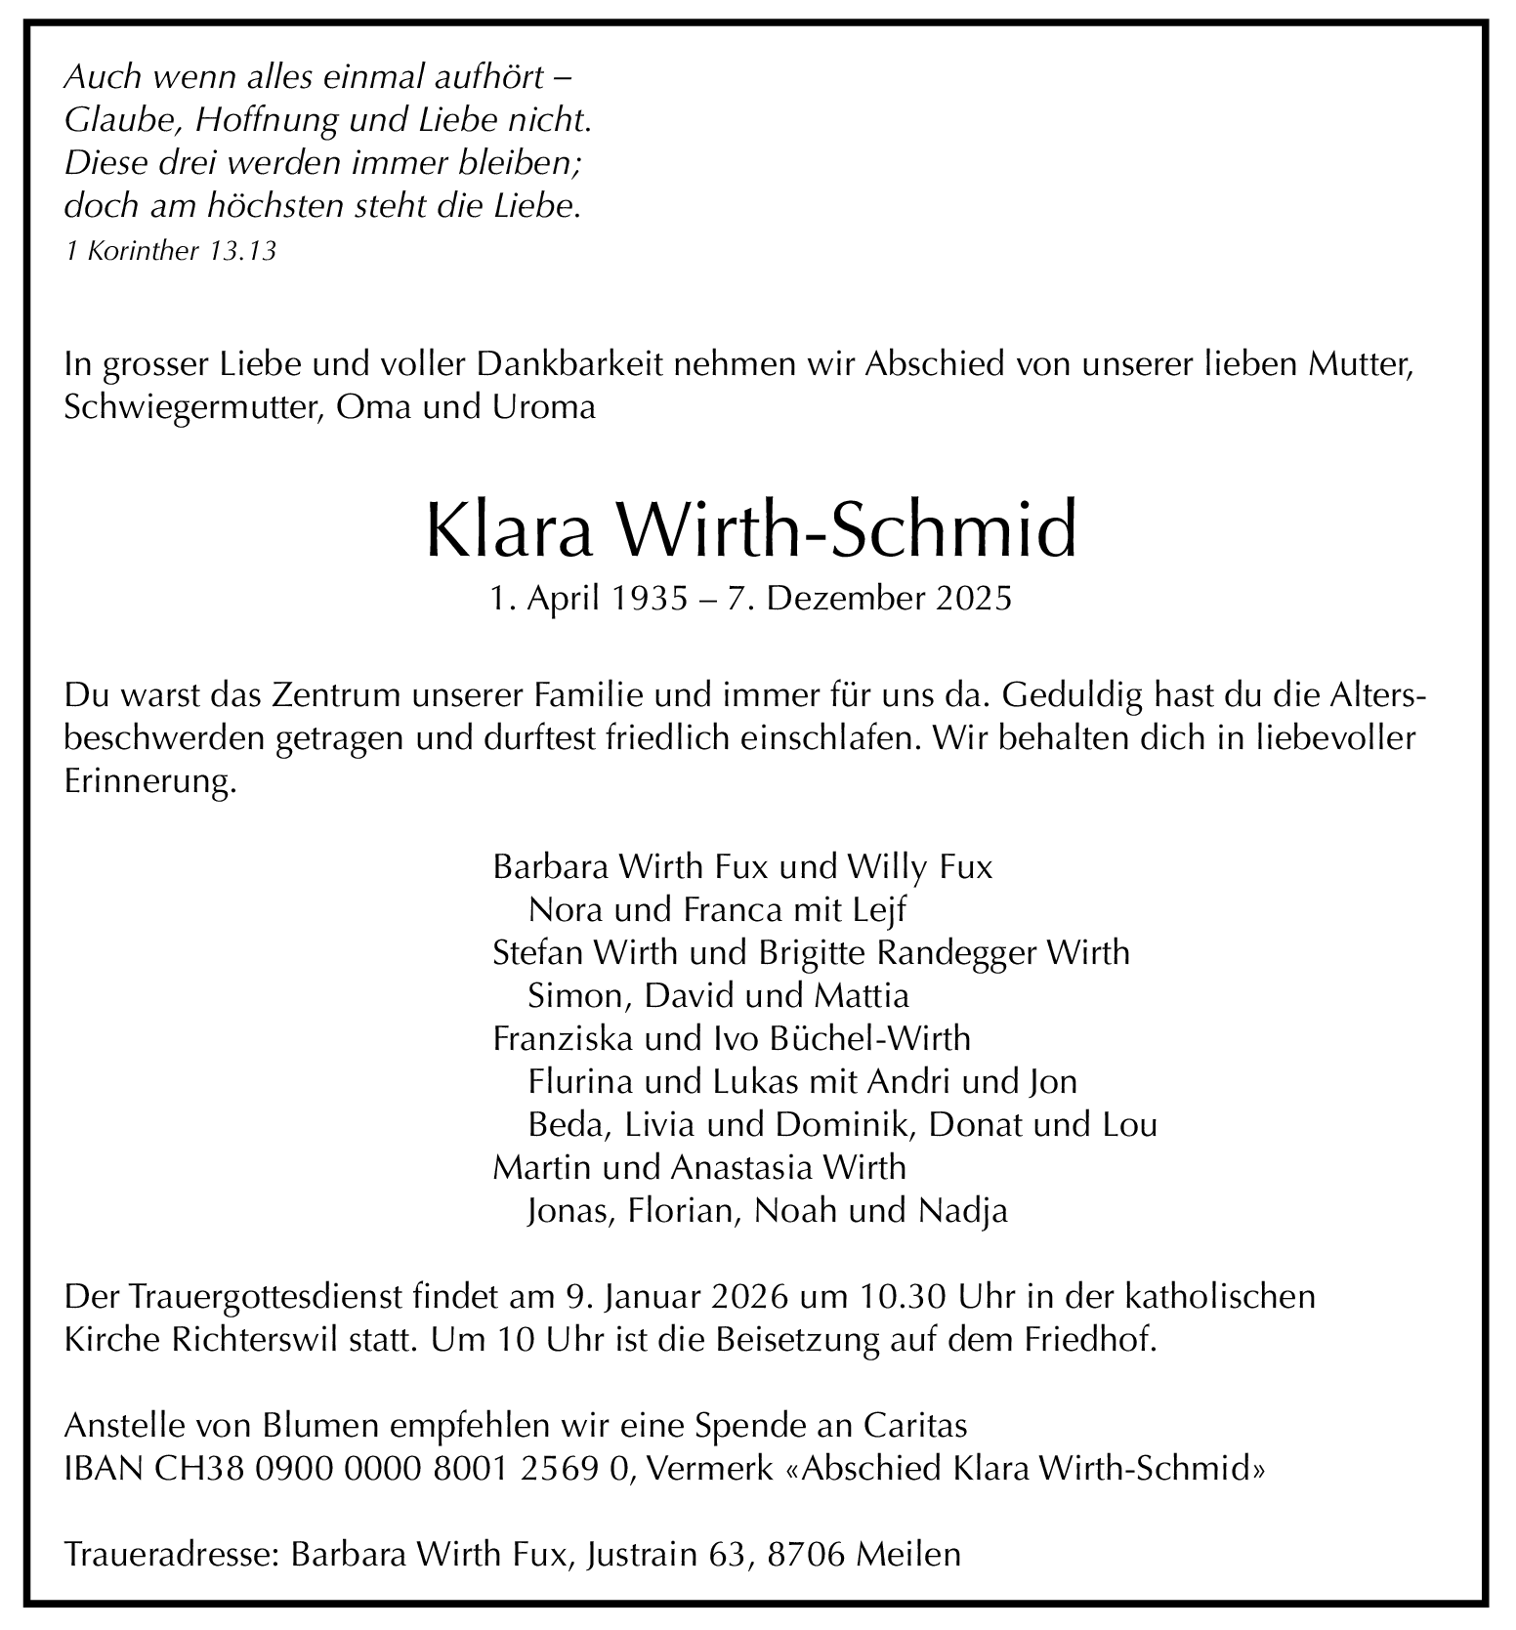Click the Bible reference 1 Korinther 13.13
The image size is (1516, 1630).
pos(171,251)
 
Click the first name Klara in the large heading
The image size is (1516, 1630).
pos(507,529)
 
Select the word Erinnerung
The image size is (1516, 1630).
pos(150,782)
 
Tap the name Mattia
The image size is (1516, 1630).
pos(860,995)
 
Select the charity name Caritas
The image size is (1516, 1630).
pos(915,1426)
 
